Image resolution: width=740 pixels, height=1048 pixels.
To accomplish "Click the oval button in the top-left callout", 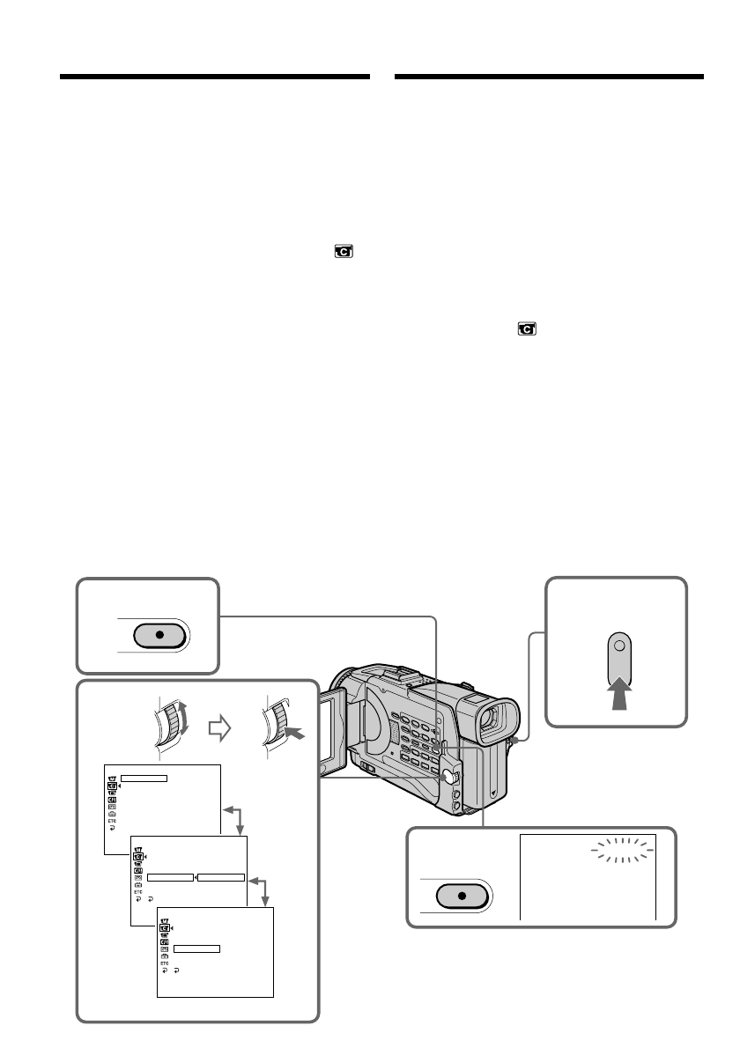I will [159, 635].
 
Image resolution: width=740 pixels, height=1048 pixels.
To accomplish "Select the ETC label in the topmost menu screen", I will [113, 821].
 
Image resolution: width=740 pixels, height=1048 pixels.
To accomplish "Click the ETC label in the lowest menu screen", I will [165, 963].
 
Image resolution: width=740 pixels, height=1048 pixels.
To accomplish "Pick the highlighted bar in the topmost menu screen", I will [144, 778].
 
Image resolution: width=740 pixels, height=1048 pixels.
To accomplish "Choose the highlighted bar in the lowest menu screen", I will [196, 948].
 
